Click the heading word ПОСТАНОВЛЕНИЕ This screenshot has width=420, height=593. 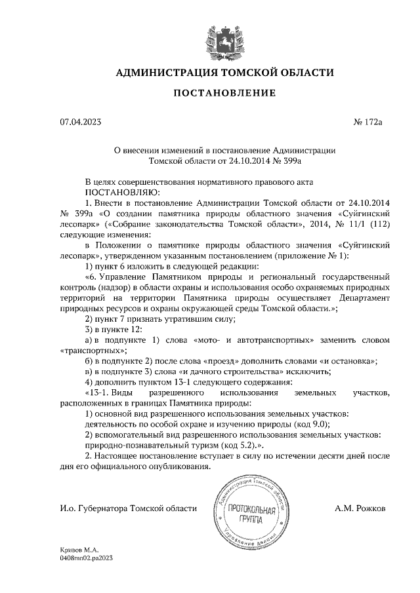[224, 93]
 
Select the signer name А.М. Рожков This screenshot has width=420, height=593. [360, 508]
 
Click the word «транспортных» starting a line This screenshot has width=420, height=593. [87, 351]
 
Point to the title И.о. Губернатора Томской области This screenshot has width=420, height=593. [128, 508]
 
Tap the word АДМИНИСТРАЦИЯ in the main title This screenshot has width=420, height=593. [169, 72]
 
